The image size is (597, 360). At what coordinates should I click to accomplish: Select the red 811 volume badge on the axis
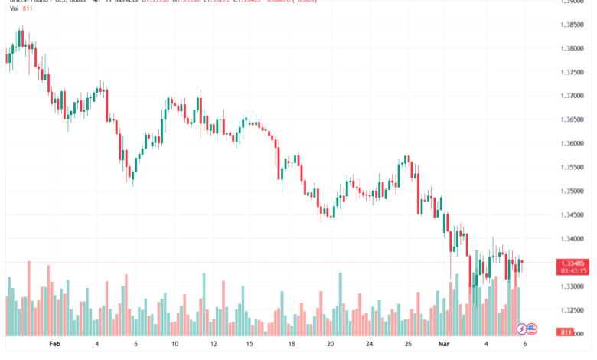tap(566, 332)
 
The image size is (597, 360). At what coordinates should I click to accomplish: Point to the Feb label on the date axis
tap(54, 345)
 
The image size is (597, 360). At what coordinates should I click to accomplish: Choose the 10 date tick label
tap(175, 345)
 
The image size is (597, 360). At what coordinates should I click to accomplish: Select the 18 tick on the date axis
tap(292, 345)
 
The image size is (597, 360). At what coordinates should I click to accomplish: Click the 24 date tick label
tap(369, 345)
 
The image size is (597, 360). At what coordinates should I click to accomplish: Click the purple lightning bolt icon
tap(522, 329)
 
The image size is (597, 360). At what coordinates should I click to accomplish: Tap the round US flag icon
tap(533, 329)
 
